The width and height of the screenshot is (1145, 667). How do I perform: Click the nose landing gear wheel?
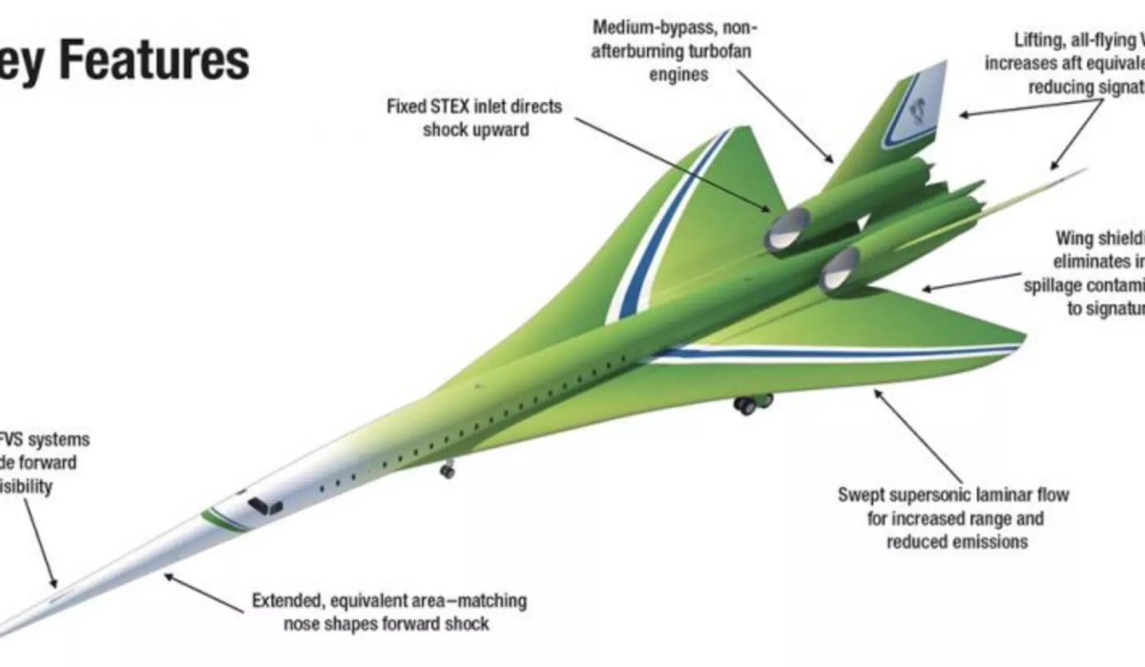pos(447,469)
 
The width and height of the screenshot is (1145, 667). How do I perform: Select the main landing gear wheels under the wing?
pos(751,404)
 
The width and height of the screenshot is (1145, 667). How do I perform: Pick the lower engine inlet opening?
pos(840,270)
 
